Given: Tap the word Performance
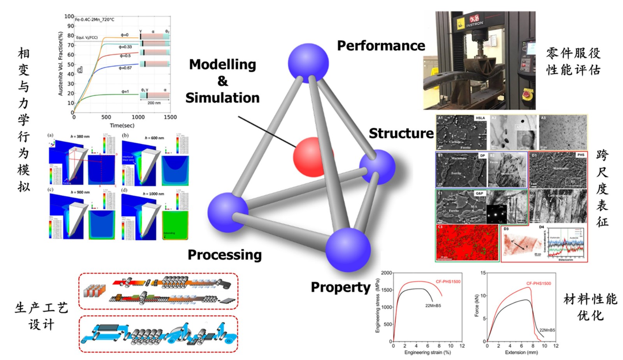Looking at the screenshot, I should (381, 46).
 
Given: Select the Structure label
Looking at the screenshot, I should (401, 133).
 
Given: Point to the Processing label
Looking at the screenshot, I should (225, 255).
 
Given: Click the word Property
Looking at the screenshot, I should (340, 287).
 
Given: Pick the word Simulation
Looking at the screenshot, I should (222, 98).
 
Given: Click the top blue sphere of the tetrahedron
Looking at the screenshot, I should (308, 63).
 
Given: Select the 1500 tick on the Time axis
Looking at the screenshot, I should (170, 117).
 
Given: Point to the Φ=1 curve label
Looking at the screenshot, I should (125, 91).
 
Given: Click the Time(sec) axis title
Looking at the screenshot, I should (122, 125).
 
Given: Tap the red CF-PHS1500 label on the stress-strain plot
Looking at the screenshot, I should (448, 281).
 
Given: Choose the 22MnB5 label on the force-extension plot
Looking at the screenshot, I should (547, 330).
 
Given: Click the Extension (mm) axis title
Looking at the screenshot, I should (521, 352).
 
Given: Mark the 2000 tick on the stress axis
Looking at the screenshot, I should (386, 273).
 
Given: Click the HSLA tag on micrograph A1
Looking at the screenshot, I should (480, 118).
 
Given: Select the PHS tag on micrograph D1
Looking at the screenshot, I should (581, 155).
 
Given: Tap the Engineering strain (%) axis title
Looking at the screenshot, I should (427, 352).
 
